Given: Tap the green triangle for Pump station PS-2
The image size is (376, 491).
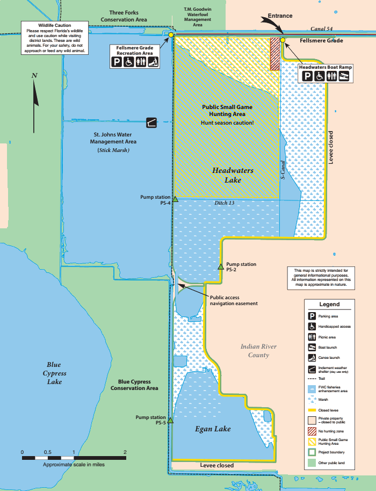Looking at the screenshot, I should click(x=220, y=266).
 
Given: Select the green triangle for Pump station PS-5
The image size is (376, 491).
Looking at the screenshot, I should click(x=170, y=421).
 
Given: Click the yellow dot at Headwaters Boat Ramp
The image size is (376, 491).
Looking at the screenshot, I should click(x=283, y=40).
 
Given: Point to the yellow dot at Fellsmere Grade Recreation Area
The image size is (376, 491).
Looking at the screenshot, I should click(x=171, y=35).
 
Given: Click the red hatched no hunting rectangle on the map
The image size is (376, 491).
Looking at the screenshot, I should click(x=275, y=53).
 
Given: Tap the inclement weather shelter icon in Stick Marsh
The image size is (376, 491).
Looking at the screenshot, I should click(x=152, y=123).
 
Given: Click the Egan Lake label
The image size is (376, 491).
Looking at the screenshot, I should click(x=213, y=429).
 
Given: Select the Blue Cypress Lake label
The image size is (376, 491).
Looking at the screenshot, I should click(x=54, y=373).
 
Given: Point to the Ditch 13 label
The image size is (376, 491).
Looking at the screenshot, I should click(x=225, y=203).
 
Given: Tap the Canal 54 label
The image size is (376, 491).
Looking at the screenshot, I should click(x=322, y=28).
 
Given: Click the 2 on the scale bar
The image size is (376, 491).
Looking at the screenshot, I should click(x=125, y=452).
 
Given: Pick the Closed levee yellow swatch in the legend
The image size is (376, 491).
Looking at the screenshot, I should click(x=312, y=409).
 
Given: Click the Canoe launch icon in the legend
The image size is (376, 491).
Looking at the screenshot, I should click(x=312, y=357).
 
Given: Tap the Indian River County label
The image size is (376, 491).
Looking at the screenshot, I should click(x=258, y=351).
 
